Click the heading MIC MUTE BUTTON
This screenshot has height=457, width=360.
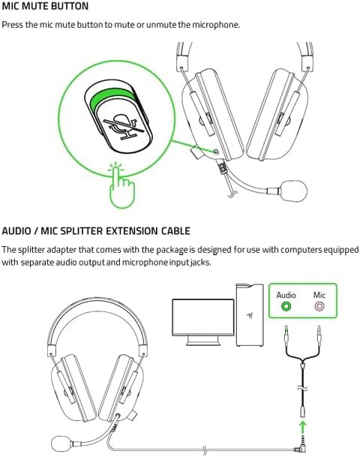point(45,6)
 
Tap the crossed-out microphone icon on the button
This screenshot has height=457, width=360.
point(124,126)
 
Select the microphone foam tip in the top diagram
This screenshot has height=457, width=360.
point(293,191)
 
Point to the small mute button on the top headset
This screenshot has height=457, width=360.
point(216,152)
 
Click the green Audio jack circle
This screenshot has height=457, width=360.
point(286,306)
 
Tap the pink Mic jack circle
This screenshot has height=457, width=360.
point(319,306)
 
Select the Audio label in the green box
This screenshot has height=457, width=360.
point(286,295)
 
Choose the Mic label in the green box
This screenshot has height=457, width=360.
point(319,295)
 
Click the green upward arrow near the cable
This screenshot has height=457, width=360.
point(303,428)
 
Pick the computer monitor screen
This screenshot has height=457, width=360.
point(203,317)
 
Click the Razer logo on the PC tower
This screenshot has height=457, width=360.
point(250,315)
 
